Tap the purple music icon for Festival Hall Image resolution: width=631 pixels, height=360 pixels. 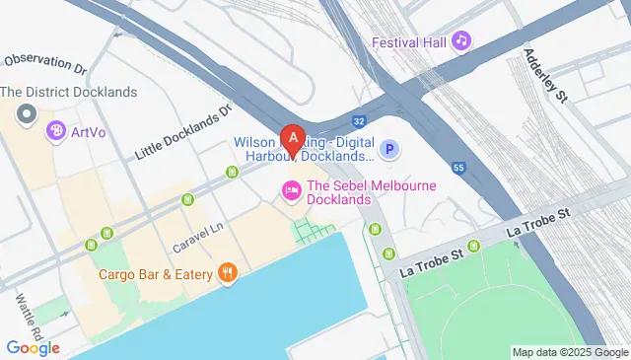tap(461, 40)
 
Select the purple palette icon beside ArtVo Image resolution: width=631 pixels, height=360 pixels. tap(56, 131)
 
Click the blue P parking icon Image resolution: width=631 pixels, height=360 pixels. tap(390, 150)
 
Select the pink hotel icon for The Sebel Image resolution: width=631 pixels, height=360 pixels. tap(291, 189)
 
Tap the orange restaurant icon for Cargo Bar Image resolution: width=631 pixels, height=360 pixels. tap(228, 272)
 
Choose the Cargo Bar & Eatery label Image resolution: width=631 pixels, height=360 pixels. tap(155, 273)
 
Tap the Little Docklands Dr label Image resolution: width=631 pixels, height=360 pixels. tap(181, 132)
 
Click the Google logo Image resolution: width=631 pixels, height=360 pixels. tap(33, 347)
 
